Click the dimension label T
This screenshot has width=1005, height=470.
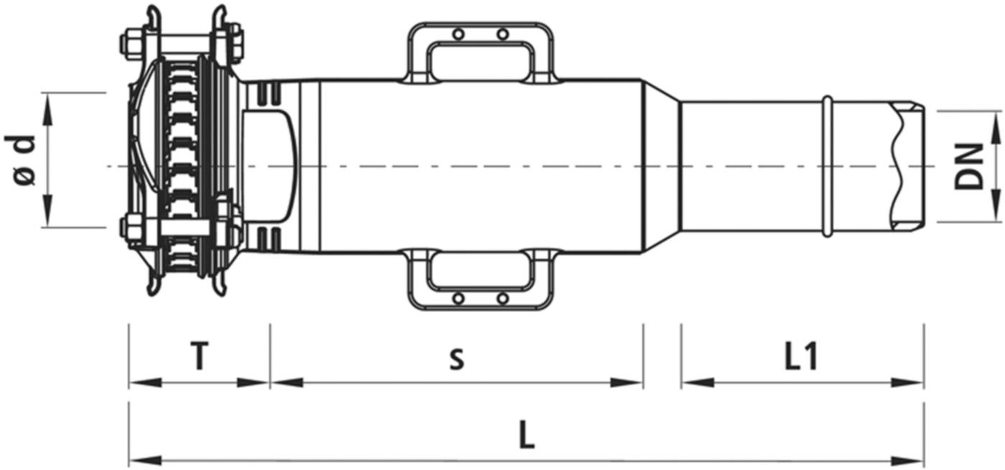200,356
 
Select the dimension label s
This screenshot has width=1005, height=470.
456,357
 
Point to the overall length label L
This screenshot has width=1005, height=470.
527,437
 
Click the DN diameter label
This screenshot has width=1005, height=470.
969,167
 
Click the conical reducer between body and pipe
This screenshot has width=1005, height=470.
660,166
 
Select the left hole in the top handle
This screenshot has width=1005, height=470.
457,33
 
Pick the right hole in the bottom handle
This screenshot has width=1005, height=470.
503,298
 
